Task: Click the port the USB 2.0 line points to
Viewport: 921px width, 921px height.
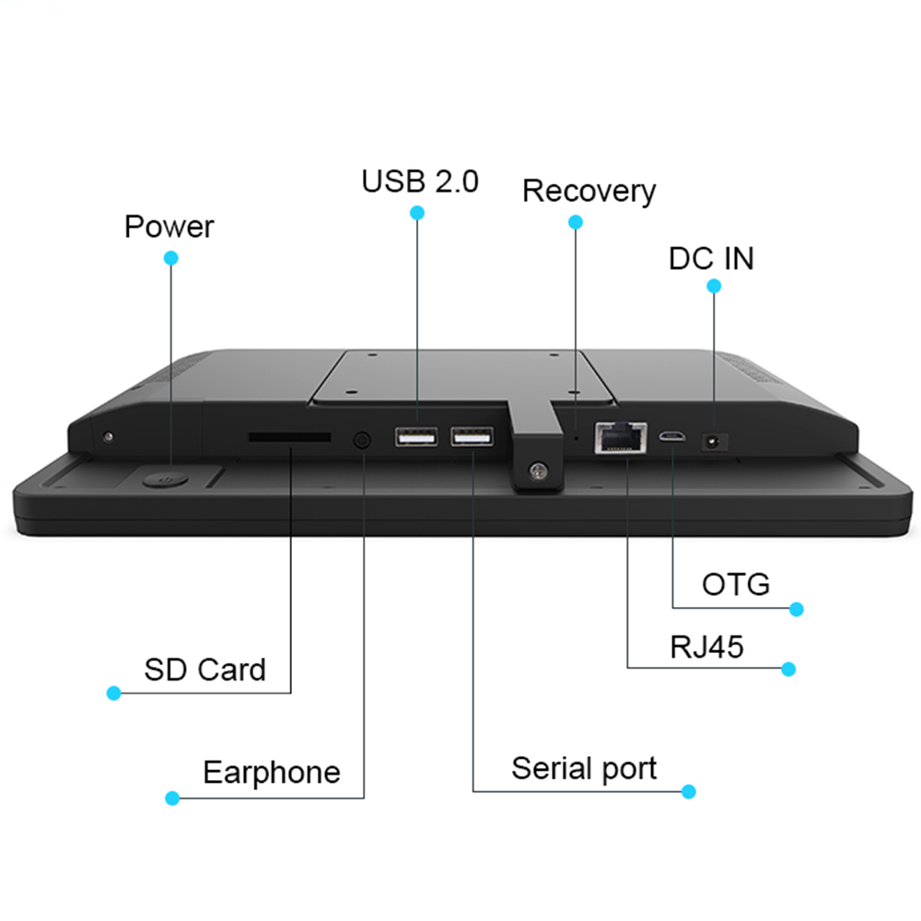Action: (x=416, y=437)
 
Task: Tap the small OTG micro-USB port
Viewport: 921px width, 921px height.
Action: (x=672, y=437)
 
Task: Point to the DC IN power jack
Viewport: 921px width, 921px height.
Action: (x=713, y=441)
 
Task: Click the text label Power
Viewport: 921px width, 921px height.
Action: (x=169, y=227)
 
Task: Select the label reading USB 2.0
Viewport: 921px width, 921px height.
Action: (x=420, y=181)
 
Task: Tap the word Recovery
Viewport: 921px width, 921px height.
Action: (x=589, y=192)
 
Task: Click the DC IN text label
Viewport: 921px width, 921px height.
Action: (x=711, y=259)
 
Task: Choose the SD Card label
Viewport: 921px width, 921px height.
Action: (x=204, y=670)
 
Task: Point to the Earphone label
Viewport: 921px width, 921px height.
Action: (x=271, y=772)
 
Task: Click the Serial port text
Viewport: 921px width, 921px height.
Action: (x=584, y=768)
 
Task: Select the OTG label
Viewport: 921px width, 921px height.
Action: (x=735, y=584)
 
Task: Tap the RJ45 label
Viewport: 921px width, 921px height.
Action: (x=706, y=647)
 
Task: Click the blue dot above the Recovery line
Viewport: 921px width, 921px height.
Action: (x=576, y=222)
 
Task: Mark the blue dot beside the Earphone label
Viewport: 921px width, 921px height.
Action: (x=171, y=798)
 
